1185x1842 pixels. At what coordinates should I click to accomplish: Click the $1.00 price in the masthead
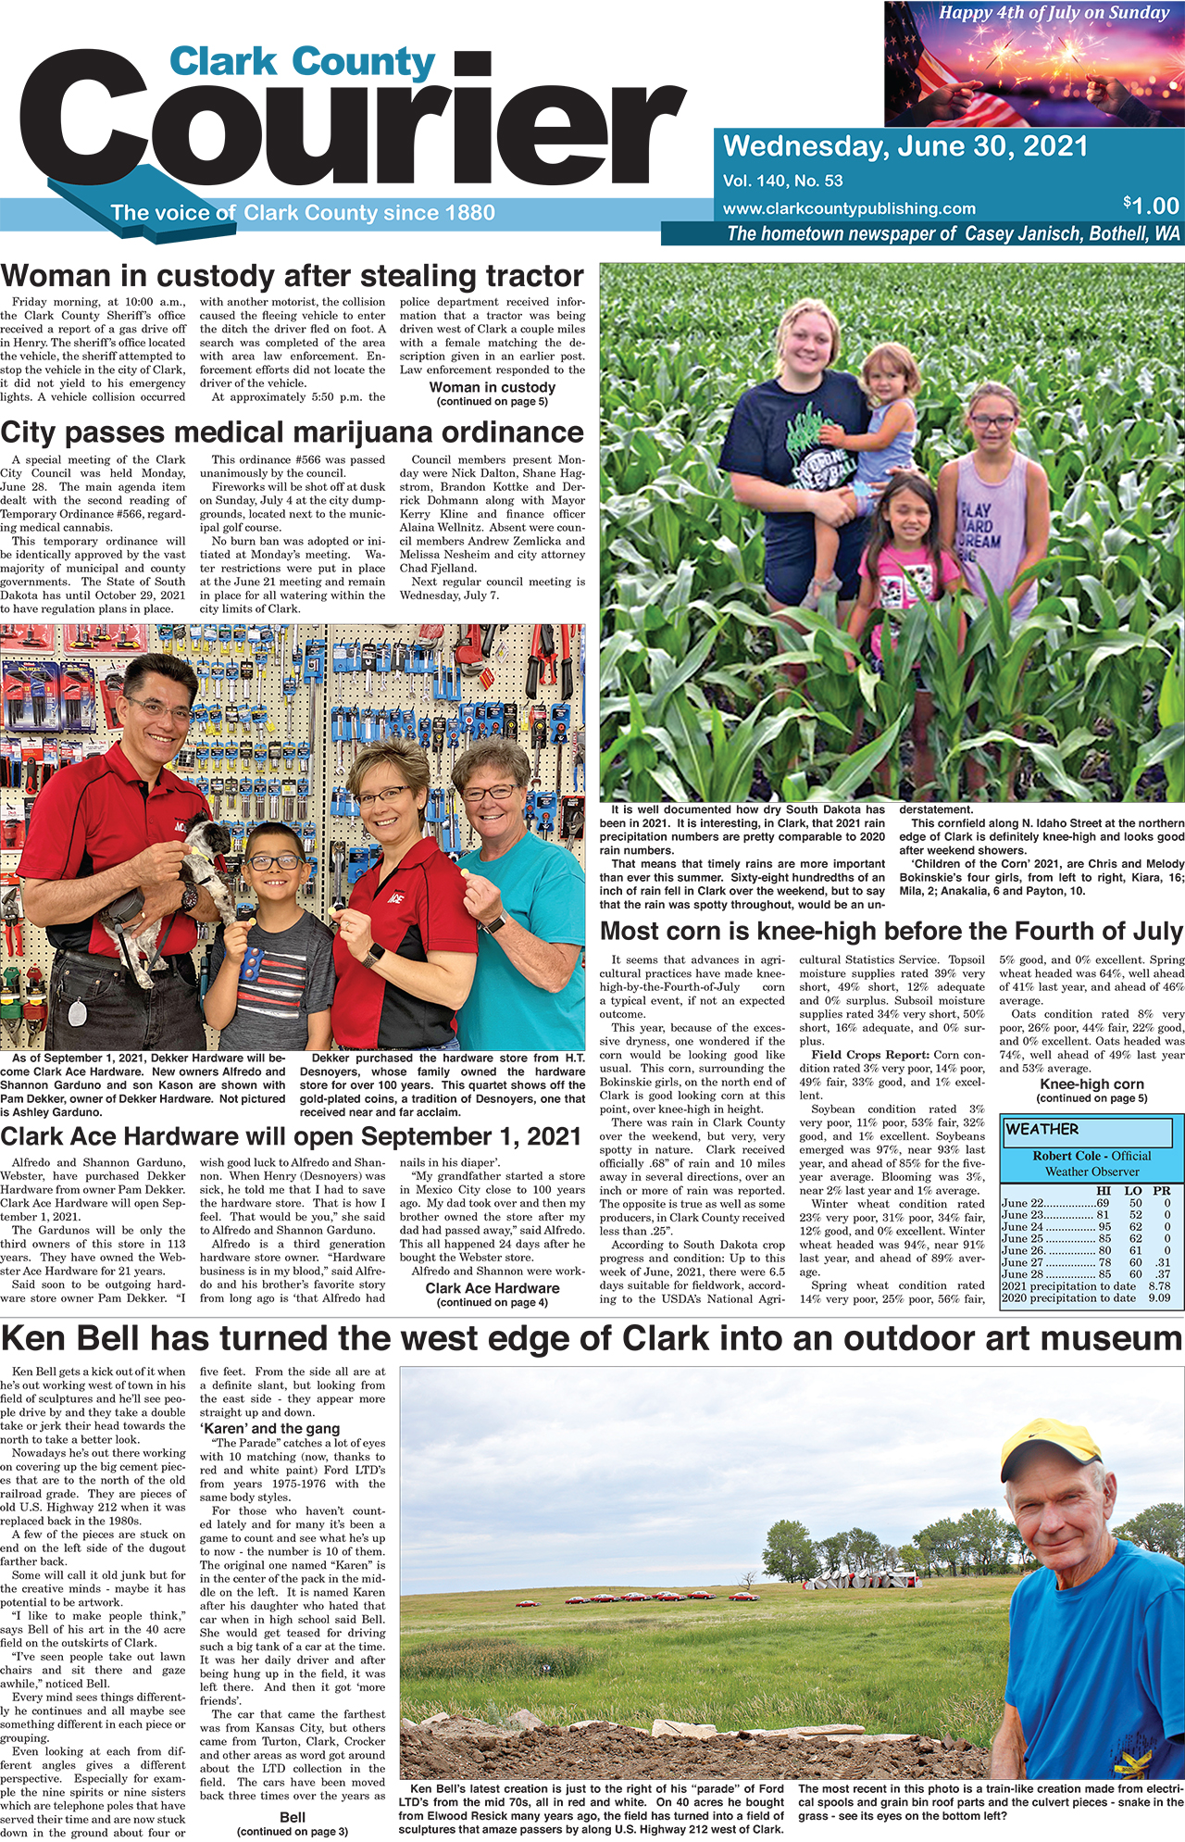pos(1151,206)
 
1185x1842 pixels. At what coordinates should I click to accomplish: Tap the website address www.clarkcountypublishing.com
pos(849,208)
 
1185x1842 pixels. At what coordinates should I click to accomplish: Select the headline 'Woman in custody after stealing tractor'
pos(293,276)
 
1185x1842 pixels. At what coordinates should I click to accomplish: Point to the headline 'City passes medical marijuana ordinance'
pos(293,432)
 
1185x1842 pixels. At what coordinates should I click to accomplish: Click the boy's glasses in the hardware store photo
pos(274,862)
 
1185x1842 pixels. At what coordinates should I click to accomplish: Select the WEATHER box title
pos(1042,1129)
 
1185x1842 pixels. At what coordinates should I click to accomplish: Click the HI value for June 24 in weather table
pos(1104,1226)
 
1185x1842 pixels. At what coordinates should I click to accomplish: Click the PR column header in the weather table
pos(1161,1191)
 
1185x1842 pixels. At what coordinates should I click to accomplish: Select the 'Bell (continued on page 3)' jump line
pos(293,1823)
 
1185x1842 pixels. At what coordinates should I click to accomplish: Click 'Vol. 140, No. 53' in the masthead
pos(783,182)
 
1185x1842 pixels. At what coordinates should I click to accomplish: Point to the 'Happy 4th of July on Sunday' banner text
pos(1054,13)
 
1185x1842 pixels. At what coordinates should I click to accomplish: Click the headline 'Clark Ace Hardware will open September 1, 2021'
pos(291,1136)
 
